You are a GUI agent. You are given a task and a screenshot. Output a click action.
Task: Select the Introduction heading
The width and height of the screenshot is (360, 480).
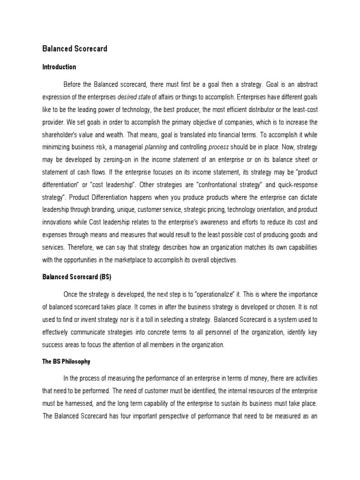pos(59,67)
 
